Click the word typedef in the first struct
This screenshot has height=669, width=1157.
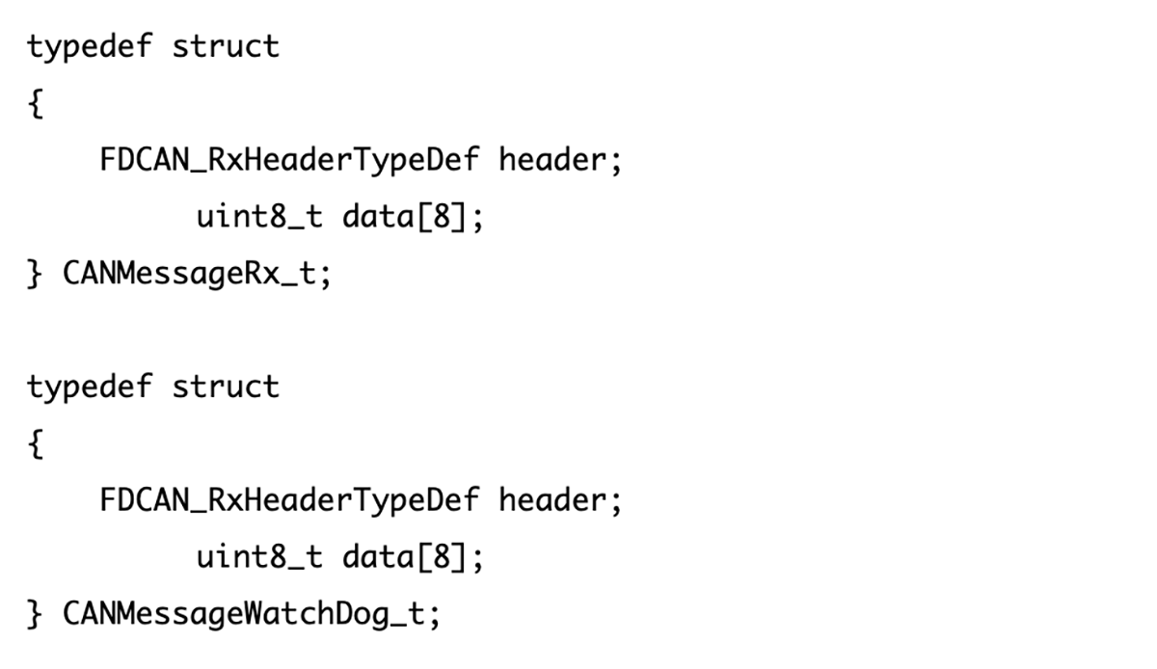click(89, 46)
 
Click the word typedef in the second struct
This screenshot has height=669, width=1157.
click(89, 387)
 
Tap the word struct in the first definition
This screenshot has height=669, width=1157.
click(226, 46)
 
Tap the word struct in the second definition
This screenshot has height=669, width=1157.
click(226, 387)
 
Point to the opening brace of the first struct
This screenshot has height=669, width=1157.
click(35, 103)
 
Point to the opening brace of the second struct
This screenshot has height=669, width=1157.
click(35, 443)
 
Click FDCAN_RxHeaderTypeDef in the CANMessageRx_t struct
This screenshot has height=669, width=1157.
click(288, 159)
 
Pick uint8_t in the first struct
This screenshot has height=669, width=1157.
click(259, 217)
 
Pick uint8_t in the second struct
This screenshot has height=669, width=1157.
click(259, 557)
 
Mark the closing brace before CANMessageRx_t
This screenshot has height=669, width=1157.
click(35, 275)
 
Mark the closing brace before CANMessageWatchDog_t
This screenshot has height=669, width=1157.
click(35, 614)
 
